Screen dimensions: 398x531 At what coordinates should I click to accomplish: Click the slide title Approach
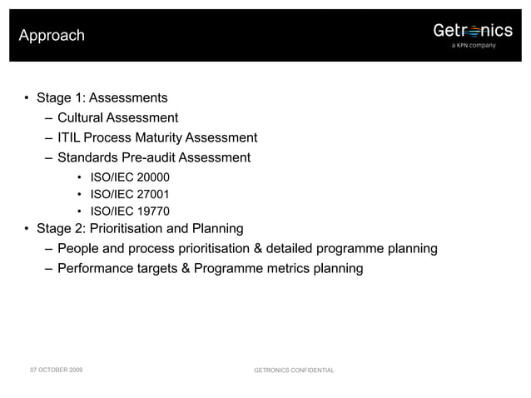point(52,36)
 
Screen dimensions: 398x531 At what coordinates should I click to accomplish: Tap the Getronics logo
point(472,31)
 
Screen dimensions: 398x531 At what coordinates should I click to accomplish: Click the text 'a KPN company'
point(473,46)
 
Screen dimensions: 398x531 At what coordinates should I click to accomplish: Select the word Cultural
point(82,117)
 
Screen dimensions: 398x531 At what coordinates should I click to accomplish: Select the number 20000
point(152,177)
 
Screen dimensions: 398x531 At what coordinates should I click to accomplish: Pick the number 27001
point(152,194)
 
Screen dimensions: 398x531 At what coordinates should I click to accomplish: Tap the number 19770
point(152,211)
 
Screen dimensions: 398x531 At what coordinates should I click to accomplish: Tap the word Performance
point(97,268)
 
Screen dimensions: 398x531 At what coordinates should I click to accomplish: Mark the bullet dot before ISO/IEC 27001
point(78,194)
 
